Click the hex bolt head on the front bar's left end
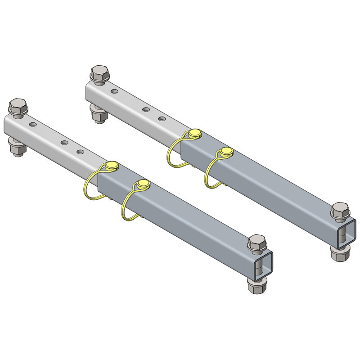click(17, 107)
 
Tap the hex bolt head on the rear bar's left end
click(99, 73)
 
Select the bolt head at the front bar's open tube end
click(257, 243)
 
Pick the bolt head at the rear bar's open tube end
click(340, 211)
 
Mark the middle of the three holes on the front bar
click(65, 142)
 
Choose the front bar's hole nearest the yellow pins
click(81, 152)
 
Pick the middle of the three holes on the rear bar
click(146, 109)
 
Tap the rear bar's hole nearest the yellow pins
click(162, 119)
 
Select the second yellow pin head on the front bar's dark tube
click(143, 184)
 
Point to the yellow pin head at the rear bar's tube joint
click(194, 133)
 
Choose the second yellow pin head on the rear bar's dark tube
click(226, 152)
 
